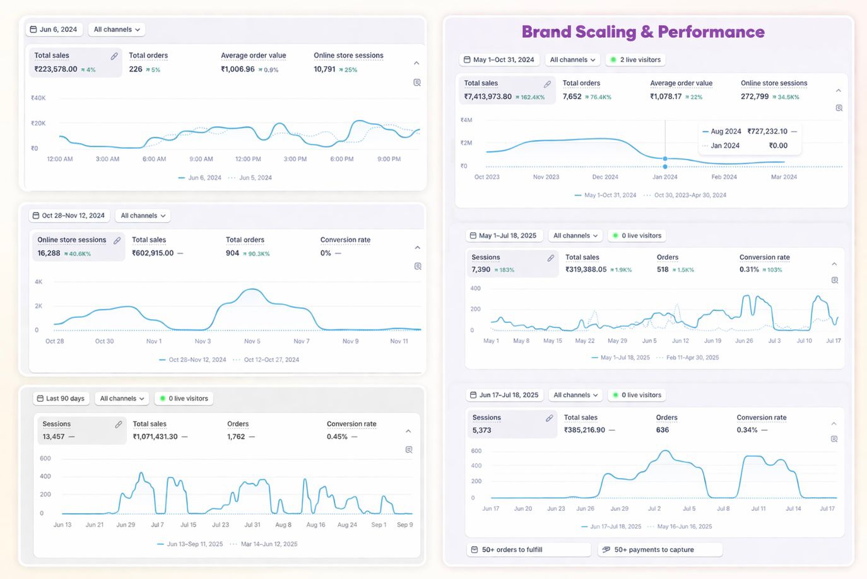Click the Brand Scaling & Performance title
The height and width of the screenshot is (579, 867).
click(x=642, y=32)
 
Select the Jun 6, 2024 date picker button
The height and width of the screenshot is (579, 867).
click(x=54, y=30)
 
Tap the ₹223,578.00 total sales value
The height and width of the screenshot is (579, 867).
click(x=56, y=69)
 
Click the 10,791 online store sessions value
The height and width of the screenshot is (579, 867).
click(x=324, y=69)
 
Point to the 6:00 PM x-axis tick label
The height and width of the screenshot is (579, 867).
click(x=341, y=159)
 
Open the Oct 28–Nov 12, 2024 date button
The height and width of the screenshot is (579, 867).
click(x=69, y=216)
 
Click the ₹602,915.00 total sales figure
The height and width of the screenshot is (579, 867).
click(x=153, y=253)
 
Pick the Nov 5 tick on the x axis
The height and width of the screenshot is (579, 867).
click(x=252, y=341)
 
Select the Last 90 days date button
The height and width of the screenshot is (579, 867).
click(x=61, y=399)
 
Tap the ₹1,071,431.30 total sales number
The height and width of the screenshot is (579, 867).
click(x=155, y=436)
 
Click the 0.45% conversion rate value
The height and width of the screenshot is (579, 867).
click(x=337, y=436)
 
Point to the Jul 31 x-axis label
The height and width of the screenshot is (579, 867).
click(x=252, y=525)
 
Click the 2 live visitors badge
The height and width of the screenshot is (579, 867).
click(x=635, y=60)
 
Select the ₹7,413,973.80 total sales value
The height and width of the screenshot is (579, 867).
click(x=488, y=96)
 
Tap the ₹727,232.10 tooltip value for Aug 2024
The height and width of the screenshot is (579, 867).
click(x=767, y=131)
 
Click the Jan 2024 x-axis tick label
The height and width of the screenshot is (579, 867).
click(x=665, y=177)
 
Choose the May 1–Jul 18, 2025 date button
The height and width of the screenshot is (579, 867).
click(x=503, y=236)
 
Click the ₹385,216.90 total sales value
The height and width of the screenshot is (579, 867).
click(x=584, y=430)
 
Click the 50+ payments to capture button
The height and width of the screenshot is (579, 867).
click(x=654, y=550)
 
